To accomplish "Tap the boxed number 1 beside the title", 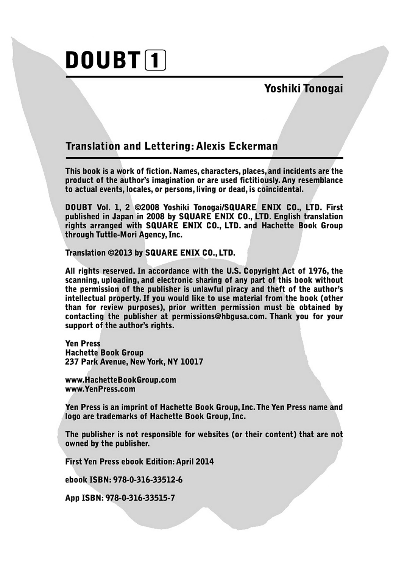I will pos(155,61).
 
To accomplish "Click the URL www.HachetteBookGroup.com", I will pos(120,380).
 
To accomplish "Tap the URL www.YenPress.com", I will pos(100,389).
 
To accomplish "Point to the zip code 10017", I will pos(192,362).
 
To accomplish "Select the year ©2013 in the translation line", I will pos(120,253).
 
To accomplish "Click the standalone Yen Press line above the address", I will pos(83,344).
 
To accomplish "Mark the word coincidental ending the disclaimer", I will pos(280,189).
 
